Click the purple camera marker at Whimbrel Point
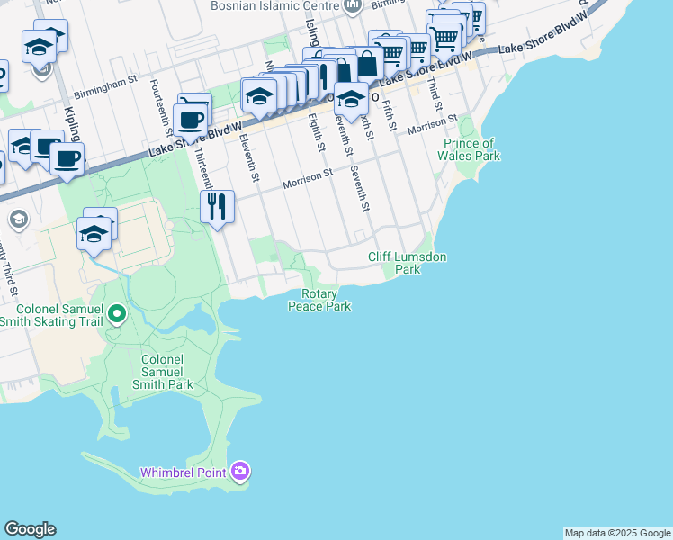click(239, 471)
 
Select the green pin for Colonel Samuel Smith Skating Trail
click(116, 315)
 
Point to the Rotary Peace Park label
click(319, 301)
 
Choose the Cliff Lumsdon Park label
click(407, 263)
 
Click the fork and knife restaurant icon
click(217, 207)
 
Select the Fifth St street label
click(390, 114)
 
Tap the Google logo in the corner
click(30, 529)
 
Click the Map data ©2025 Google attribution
click(617, 533)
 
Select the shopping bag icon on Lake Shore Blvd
click(366, 65)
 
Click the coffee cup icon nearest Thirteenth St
click(190, 119)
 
